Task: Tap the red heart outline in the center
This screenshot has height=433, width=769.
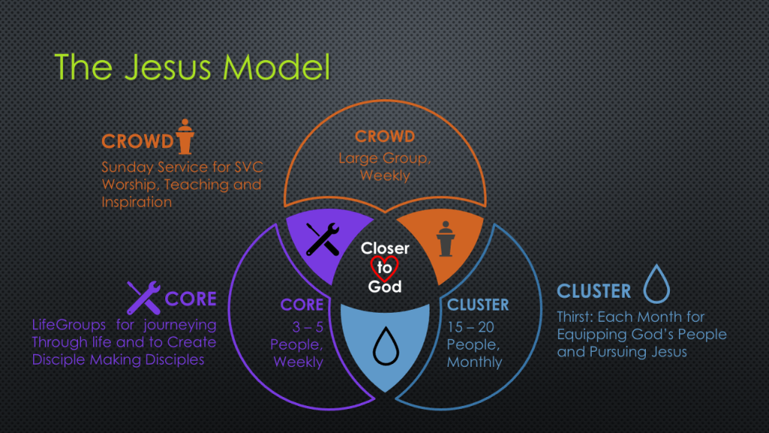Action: point(384,267)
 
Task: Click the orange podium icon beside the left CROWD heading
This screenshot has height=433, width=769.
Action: point(184,136)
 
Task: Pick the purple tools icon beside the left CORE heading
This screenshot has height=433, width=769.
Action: point(143,297)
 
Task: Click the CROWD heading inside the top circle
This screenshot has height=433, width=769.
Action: point(384,137)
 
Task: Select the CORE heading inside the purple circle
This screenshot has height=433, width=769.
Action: point(302,304)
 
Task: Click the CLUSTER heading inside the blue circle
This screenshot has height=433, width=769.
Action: point(478,304)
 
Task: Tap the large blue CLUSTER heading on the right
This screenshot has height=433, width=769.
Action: point(594,291)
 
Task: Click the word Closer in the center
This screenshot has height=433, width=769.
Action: point(384,249)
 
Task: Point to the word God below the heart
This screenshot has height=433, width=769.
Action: point(384,286)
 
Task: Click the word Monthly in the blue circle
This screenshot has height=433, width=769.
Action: point(475,362)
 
